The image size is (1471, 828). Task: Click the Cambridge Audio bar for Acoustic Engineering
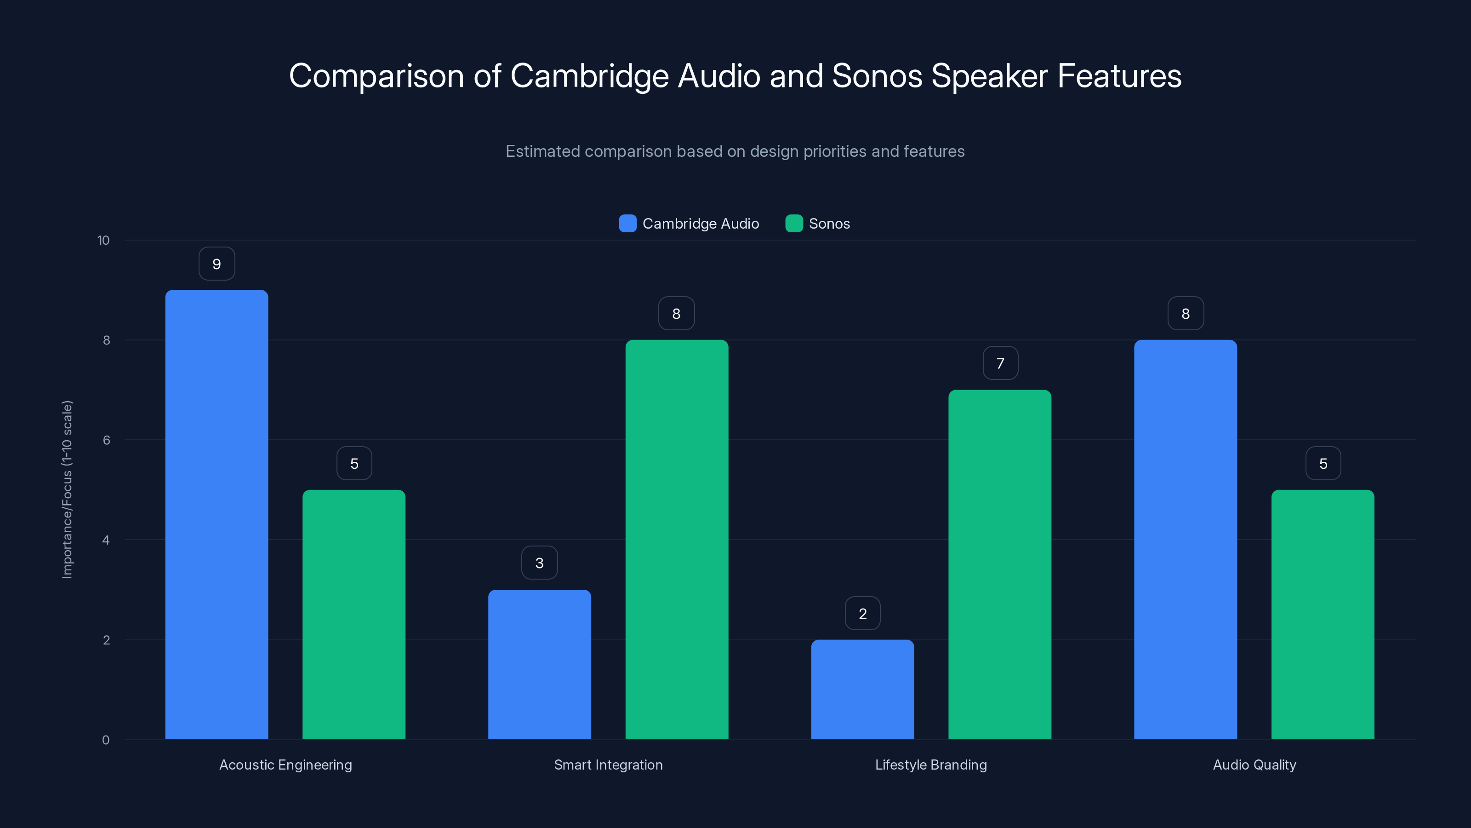coord(217,514)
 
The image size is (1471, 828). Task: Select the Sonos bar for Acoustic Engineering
coord(354,614)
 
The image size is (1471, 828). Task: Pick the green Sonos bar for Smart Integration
coord(677,540)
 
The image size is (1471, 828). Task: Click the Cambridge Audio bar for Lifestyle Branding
coord(862,689)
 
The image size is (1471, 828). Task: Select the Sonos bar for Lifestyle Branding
coord(1000,564)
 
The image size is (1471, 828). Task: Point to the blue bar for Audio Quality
coord(1186,540)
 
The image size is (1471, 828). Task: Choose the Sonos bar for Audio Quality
coord(1323,614)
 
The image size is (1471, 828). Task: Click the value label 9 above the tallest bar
coord(217,264)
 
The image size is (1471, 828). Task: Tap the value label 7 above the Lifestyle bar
coord(1000,363)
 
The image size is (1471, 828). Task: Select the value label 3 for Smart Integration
coord(540,563)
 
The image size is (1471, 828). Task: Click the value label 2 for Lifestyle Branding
coord(862,614)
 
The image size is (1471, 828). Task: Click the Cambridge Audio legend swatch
coord(627,224)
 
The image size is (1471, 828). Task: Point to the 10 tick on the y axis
coord(103,241)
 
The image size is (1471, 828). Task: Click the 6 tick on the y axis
coord(106,440)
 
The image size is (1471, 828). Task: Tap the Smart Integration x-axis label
coord(608,765)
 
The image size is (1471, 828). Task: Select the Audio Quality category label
coord(1254,765)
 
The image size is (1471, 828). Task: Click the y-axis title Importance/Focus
coord(68,490)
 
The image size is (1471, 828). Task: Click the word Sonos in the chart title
coord(877,76)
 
